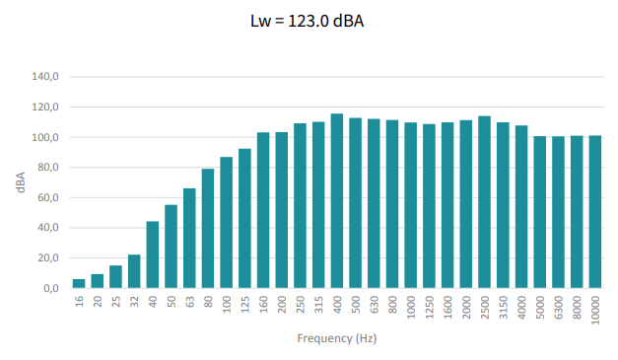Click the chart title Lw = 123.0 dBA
[308, 21]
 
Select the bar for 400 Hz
[337, 200]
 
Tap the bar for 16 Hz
[79, 283]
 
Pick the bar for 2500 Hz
[484, 202]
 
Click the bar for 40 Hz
[153, 254]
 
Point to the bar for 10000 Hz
[595, 212]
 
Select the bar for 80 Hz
[208, 228]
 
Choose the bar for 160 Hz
[263, 210]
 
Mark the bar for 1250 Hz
[429, 206]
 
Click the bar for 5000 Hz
[540, 212]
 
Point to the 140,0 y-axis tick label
[45, 77]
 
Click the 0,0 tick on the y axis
[51, 288]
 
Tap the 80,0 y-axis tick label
[48, 168]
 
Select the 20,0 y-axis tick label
[48, 257]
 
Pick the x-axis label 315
[318, 305]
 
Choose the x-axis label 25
[116, 302]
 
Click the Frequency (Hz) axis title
[337, 338]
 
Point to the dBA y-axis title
[21, 182]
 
